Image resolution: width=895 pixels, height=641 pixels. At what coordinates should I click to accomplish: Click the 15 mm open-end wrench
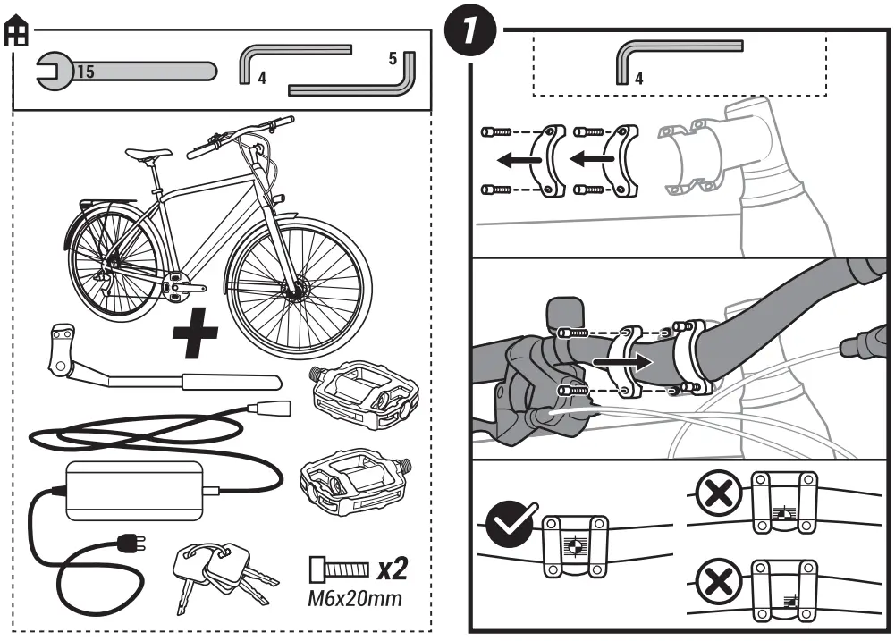click(x=125, y=71)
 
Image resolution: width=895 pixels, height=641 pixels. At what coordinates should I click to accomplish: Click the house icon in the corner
click(x=17, y=34)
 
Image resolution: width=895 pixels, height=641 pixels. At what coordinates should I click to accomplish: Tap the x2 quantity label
click(x=393, y=569)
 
